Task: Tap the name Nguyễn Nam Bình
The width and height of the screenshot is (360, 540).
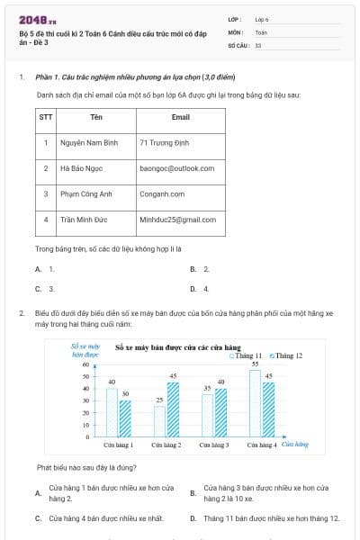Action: (89, 142)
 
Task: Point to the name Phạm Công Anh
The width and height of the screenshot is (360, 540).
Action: (86, 193)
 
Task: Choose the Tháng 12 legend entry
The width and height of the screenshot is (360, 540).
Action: (286, 355)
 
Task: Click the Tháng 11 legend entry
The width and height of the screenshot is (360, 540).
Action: (246, 355)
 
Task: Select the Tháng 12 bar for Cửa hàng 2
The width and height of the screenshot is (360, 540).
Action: (173, 409)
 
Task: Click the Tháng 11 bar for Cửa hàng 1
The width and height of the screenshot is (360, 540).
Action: (112, 411)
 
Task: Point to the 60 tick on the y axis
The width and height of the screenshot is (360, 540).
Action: (87, 364)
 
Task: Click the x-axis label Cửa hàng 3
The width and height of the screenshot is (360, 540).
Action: (213, 445)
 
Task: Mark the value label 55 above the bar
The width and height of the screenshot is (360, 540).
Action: (255, 364)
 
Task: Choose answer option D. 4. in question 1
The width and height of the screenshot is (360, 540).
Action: (200, 289)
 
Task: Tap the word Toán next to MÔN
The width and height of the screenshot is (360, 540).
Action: (261, 31)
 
